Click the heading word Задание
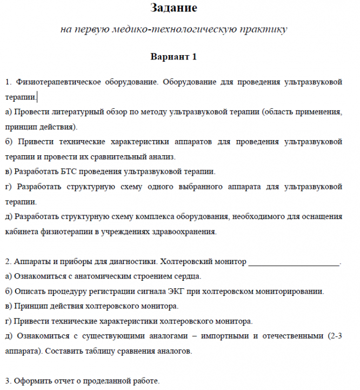(x=172, y=8)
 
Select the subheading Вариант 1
(x=173, y=56)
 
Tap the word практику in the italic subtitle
(x=265, y=29)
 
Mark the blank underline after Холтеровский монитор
(x=294, y=262)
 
